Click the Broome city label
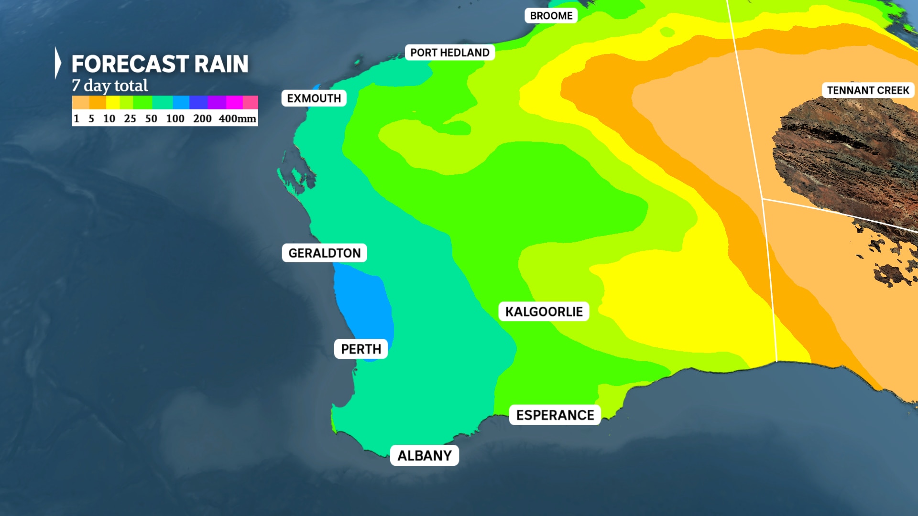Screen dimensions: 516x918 tap(551, 16)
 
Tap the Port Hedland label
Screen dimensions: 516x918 tap(449, 53)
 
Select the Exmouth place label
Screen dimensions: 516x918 tap(314, 98)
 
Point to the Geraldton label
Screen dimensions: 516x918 tap(324, 253)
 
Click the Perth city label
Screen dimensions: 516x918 tap(361, 349)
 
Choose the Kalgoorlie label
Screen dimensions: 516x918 tap(544, 312)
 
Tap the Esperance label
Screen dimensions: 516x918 tap(555, 415)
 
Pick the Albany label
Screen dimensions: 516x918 tap(425, 455)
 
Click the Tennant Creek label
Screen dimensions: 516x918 tap(868, 90)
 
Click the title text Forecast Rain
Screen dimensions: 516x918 tap(160, 64)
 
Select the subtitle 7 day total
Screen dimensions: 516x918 tap(110, 86)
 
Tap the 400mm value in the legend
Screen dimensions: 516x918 tap(237, 118)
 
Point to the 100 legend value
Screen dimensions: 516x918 tap(175, 118)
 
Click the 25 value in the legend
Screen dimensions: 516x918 tap(130, 118)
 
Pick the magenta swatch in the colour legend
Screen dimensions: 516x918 tap(234, 102)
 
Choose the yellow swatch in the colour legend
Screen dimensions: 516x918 tap(113, 102)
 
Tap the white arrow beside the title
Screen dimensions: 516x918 tap(58, 63)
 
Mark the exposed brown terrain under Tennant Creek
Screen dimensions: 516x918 tap(846, 153)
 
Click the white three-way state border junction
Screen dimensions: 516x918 tap(762, 198)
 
